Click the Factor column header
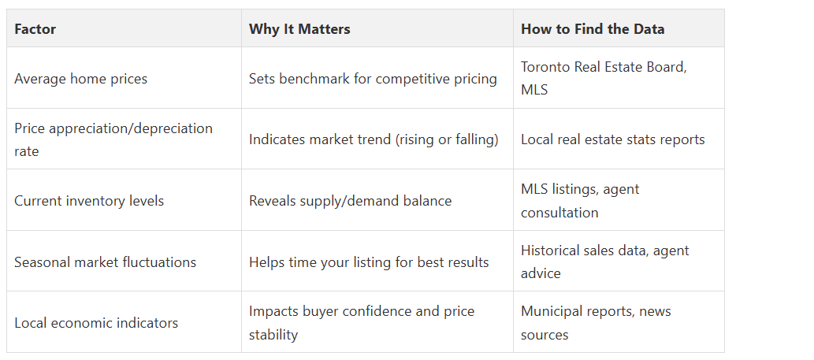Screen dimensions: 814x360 coord(35,29)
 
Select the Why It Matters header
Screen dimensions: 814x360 coord(299,29)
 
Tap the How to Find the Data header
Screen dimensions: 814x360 coord(593,29)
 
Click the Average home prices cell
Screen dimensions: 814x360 coord(81,79)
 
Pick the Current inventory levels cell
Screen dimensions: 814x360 coord(89,201)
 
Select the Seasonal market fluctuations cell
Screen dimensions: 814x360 coord(106,262)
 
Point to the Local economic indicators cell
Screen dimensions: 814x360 coord(96,323)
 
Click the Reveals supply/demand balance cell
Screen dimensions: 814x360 coord(351,201)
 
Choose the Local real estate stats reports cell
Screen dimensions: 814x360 coord(613,139)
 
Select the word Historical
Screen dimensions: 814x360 coord(552,251)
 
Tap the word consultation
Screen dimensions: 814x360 coord(559,213)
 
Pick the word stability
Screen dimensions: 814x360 coord(273,335)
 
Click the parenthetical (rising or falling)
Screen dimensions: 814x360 coord(448,139)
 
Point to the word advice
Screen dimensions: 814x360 coord(541,273)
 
